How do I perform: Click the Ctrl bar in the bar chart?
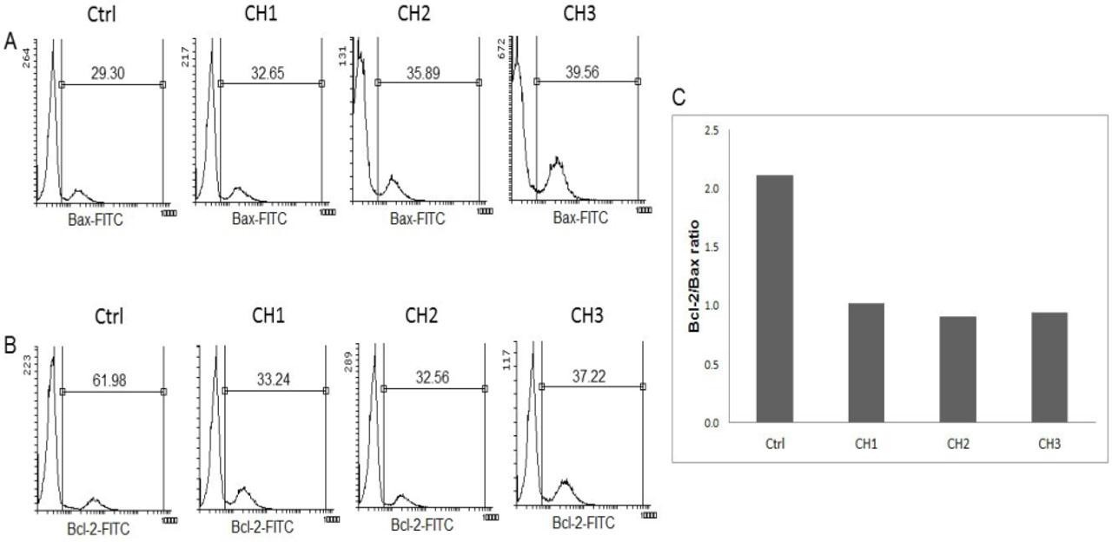[x=775, y=299]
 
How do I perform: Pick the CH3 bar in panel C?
[x=1049, y=367]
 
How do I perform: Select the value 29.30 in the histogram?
[x=110, y=74]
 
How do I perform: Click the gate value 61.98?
[x=112, y=381]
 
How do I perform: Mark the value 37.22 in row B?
[x=591, y=377]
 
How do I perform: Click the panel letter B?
[x=10, y=345]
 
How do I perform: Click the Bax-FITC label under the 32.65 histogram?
[x=258, y=220]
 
